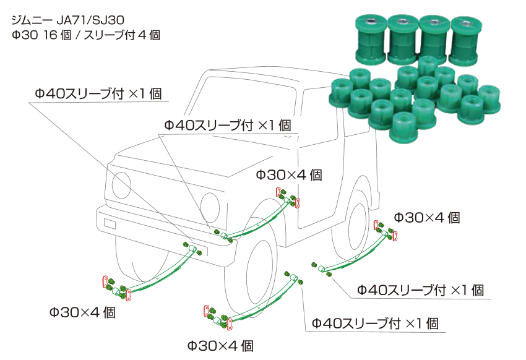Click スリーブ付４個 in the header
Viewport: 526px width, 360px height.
[x=121, y=35]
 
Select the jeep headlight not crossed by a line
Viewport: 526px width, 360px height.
[x=210, y=203]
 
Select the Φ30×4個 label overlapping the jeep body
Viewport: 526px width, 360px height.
[x=289, y=175]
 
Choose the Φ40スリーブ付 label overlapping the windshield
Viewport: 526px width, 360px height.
[x=227, y=124]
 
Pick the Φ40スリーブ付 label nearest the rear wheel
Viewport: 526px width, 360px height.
[x=420, y=289]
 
